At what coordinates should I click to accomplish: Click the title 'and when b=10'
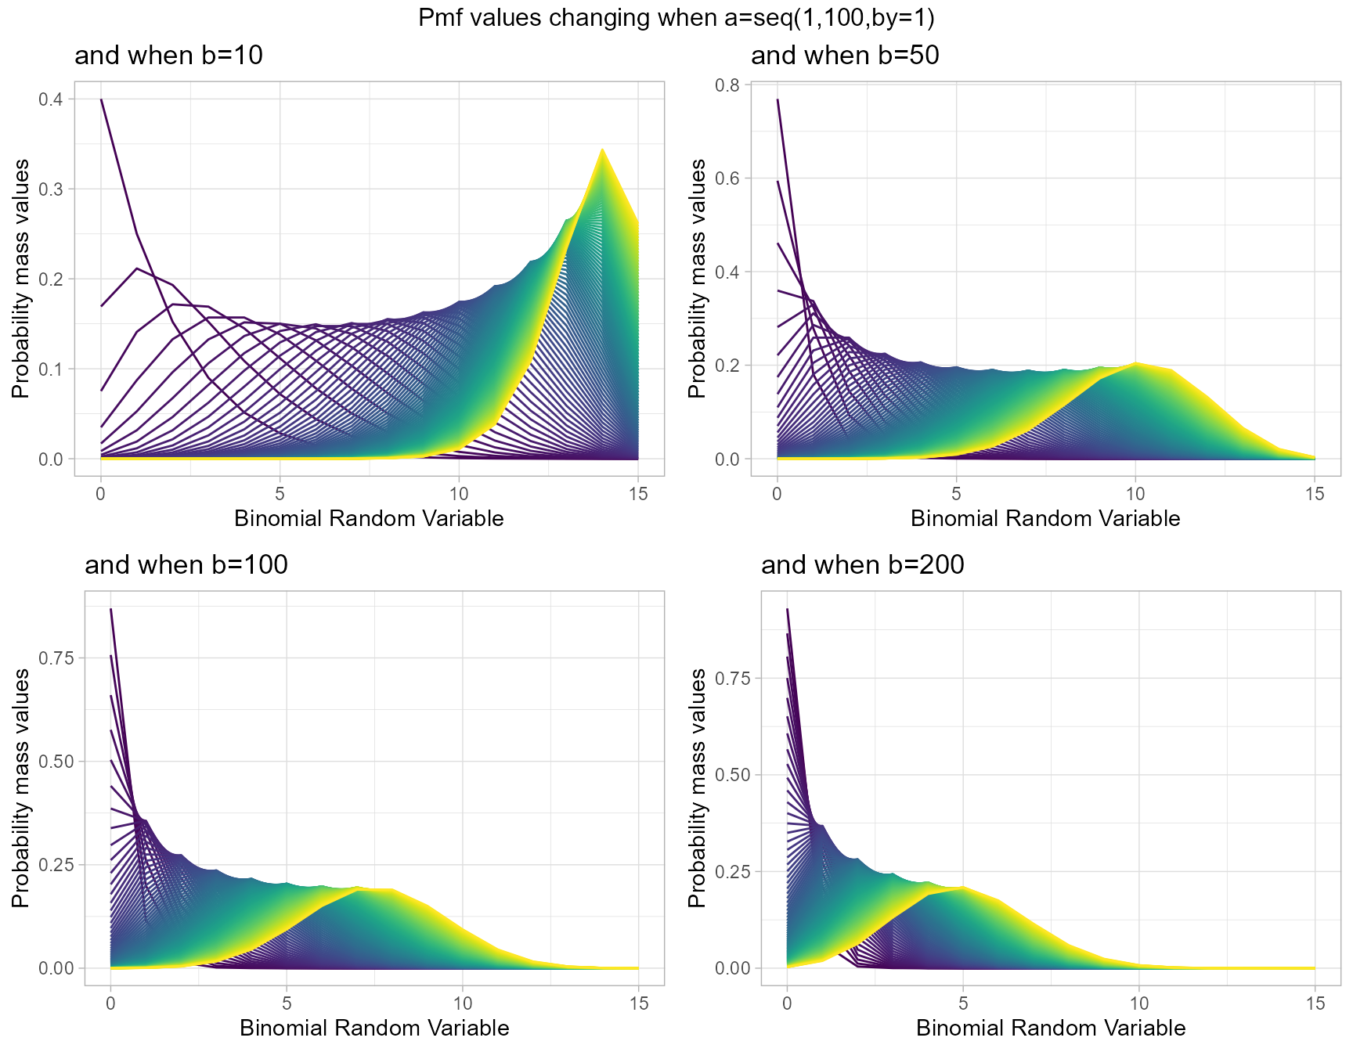(x=168, y=56)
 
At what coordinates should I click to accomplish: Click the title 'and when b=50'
(x=845, y=56)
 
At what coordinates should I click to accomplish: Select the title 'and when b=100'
(x=186, y=565)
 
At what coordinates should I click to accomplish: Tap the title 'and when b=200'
(x=862, y=565)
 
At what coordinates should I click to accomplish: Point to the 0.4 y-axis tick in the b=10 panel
(x=51, y=99)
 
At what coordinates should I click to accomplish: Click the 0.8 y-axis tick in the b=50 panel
(x=727, y=85)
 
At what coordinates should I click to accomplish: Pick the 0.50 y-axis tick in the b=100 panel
(x=56, y=762)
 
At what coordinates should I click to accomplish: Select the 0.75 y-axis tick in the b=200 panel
(x=732, y=679)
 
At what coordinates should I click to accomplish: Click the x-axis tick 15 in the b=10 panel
(x=638, y=494)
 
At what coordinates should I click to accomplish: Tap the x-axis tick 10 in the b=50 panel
(x=1135, y=494)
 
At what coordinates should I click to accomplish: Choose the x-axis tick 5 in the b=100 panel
(x=287, y=1003)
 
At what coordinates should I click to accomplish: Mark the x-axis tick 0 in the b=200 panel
(x=787, y=1003)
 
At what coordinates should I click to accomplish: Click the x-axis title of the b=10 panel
(x=369, y=519)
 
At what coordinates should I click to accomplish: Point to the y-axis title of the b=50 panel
(x=697, y=279)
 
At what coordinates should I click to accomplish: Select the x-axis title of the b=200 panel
(x=1051, y=1028)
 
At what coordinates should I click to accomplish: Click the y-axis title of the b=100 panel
(x=20, y=788)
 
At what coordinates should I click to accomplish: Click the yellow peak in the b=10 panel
(x=602, y=150)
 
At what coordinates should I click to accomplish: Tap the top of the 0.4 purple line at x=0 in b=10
(x=101, y=100)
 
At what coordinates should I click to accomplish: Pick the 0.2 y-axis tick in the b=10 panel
(x=51, y=279)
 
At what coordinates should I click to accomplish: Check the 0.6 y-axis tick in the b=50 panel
(x=727, y=178)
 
